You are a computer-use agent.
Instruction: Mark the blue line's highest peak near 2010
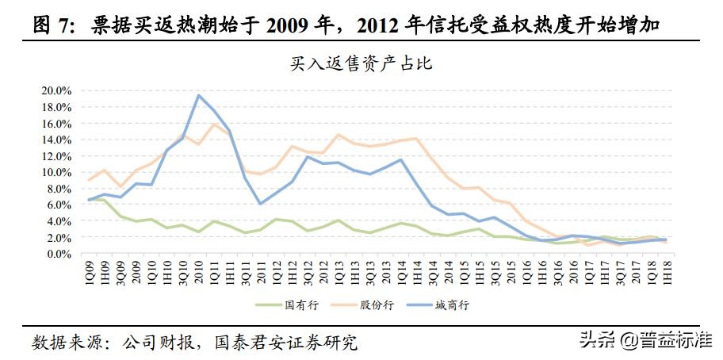(198, 95)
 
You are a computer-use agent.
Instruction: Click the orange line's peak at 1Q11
(214, 124)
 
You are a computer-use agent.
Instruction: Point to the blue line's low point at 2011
(261, 204)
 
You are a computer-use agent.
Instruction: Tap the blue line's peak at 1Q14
(401, 159)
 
